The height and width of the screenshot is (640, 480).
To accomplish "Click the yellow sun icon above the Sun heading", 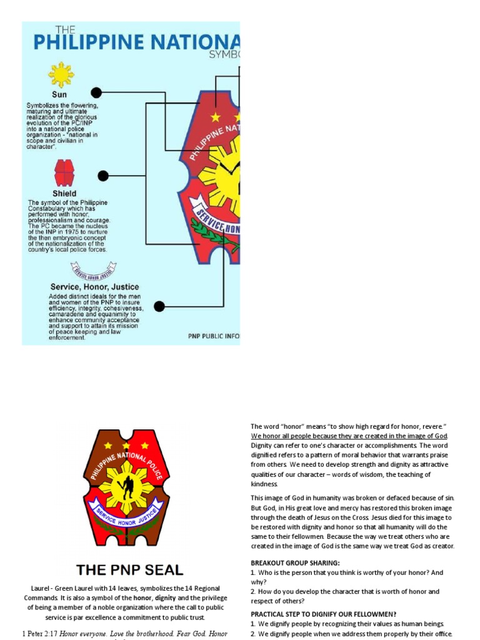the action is coord(61,75).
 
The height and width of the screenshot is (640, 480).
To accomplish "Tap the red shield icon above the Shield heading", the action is coord(64,172).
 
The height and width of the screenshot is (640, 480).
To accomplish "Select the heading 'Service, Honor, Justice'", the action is coord(94,287).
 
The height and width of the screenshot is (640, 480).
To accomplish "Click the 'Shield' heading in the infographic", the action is coord(64,194).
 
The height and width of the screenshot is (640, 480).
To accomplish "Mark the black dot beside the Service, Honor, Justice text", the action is coord(159,306).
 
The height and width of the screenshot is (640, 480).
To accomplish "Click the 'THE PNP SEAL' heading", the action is coord(129,570).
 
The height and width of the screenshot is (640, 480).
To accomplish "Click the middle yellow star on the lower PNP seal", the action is coord(126,446).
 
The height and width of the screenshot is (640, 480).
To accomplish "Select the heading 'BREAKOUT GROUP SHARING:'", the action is coord(295,563).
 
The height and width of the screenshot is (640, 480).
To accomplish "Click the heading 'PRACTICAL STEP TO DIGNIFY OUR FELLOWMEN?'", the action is coord(323,614).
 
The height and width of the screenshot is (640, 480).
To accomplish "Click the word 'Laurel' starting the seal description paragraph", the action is coord(41,588).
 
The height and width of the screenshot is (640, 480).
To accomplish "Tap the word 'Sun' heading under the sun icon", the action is coord(59,94).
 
